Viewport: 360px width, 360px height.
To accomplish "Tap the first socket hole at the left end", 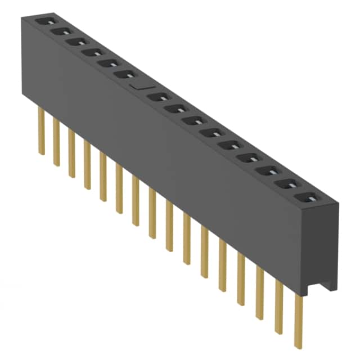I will coord(43,22).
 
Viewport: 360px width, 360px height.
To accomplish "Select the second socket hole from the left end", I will coord(58,31).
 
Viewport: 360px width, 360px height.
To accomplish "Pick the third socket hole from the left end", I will coord(74,42).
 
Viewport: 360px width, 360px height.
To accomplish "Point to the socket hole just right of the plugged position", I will coord(159,97).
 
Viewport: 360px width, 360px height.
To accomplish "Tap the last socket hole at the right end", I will coord(306,197).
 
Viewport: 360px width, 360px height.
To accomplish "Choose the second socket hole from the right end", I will coord(288,185).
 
